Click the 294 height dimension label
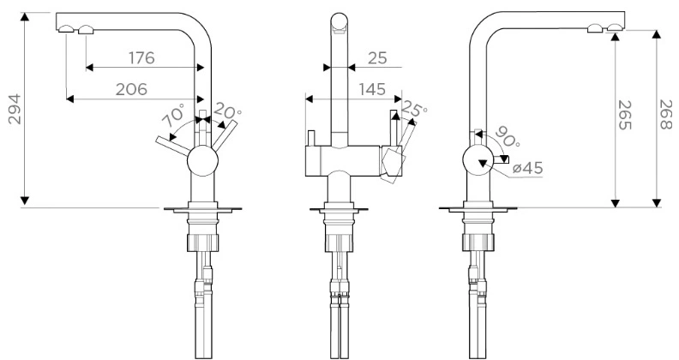(15, 109)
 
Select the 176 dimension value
(141, 57)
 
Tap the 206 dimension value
(132, 89)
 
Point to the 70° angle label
(173, 115)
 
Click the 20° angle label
(227, 111)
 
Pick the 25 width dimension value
(377, 58)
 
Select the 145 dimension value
(372, 89)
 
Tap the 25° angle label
(414, 109)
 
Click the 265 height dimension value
(624, 115)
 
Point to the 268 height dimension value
(665, 114)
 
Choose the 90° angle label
(507, 137)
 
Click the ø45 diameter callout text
(527, 168)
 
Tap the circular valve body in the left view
(202, 160)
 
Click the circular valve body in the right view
(478, 160)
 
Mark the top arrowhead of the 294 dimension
(25, 16)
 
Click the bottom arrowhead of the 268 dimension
(657, 203)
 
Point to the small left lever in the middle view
(311, 138)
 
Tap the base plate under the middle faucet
(339, 210)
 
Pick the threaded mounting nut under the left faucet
(202, 243)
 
